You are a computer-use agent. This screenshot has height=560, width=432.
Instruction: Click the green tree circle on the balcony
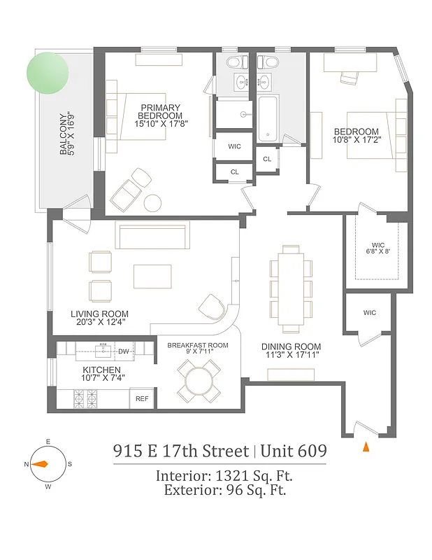48,73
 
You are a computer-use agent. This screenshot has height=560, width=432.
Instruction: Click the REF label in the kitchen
142,399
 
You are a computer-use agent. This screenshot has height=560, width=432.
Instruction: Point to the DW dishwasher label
124,351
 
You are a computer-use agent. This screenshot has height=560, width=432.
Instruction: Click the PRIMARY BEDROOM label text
160,111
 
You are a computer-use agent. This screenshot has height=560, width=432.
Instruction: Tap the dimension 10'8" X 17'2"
356,141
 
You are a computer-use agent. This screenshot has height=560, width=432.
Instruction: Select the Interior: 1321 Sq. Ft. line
224,476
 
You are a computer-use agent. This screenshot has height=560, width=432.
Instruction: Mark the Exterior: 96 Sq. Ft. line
224,490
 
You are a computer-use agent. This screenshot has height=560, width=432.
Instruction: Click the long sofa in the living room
152,237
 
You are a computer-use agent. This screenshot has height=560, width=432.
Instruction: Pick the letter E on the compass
48,442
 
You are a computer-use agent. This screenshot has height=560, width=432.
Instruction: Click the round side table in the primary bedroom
153,204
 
